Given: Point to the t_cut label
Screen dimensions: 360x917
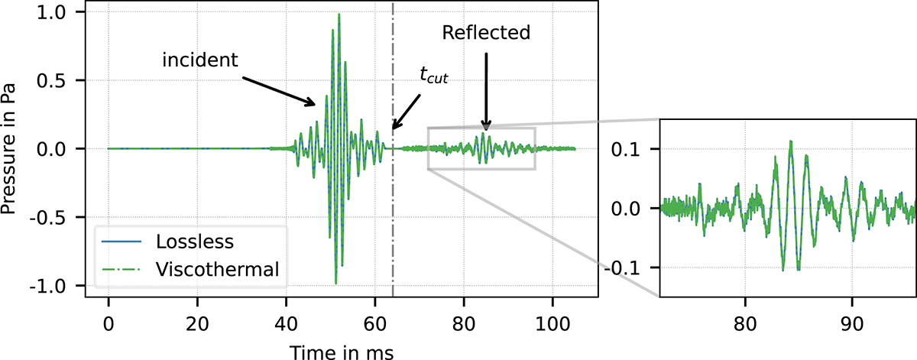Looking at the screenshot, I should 433,75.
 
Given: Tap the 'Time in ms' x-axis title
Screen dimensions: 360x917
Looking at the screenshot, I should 341,349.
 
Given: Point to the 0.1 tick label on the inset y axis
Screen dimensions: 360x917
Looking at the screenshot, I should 630,148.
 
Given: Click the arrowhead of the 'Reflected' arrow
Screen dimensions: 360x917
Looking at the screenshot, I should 485,128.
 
